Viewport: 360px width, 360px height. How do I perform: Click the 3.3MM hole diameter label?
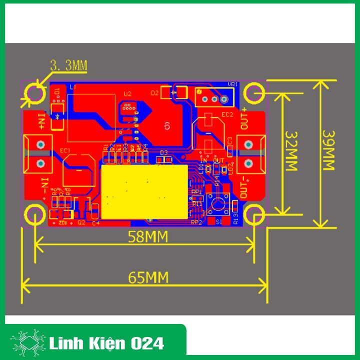(x=68, y=65)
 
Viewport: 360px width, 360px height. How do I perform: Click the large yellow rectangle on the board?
(x=143, y=192)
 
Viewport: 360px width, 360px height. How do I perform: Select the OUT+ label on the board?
(x=244, y=119)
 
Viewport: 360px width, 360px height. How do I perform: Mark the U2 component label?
(x=127, y=93)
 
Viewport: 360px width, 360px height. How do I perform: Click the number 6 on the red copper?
(x=167, y=125)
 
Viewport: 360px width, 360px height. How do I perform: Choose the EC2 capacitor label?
(x=228, y=114)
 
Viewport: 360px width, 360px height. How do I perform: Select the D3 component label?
(x=163, y=152)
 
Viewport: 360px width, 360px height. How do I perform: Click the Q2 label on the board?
(x=82, y=222)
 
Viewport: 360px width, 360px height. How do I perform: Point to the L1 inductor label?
(x=72, y=87)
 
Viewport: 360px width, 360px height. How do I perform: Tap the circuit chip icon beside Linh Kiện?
(x=28, y=343)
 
